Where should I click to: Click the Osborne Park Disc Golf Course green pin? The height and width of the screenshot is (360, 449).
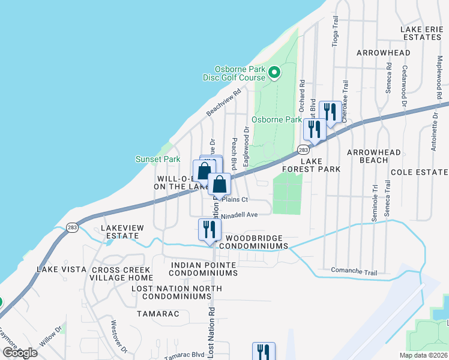tap(274, 73)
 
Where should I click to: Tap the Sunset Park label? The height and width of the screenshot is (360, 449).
tap(158, 159)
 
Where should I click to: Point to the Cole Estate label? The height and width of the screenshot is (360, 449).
tap(419, 172)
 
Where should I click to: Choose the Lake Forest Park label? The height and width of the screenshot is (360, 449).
tap(312, 165)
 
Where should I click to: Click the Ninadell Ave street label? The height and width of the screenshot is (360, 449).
tap(240, 215)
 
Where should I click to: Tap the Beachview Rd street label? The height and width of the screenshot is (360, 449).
tap(223, 103)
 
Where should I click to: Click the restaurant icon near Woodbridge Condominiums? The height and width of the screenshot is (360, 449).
tap(210, 229)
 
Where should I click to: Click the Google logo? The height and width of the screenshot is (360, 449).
tap(20, 353)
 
